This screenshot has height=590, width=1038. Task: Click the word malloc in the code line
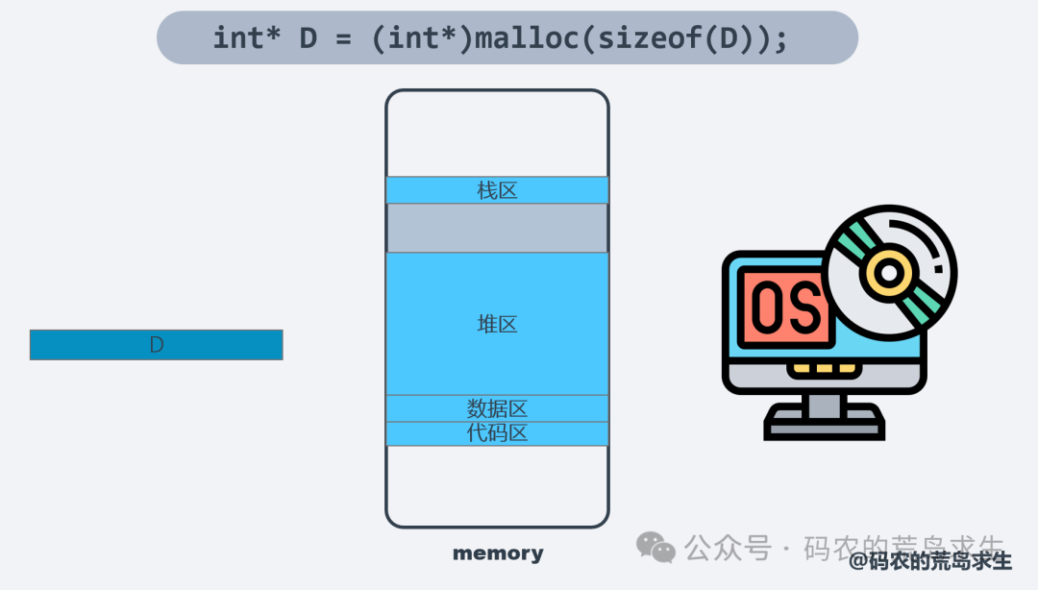tap(532, 38)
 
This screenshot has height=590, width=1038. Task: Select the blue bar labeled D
tap(156, 345)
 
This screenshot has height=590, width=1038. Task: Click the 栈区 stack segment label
tap(497, 190)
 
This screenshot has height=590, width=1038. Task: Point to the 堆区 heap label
tap(497, 324)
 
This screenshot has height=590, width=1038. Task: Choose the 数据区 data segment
tap(497, 408)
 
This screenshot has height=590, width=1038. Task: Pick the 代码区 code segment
tap(497, 433)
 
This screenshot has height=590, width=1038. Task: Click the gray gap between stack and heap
tap(497, 228)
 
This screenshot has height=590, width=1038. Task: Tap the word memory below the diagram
tap(498, 553)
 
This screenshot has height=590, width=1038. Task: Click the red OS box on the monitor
tap(785, 307)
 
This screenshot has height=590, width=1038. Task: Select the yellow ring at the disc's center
tap(890, 273)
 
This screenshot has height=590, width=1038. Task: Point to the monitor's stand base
tap(825, 423)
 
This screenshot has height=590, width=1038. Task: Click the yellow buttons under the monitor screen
tap(824, 368)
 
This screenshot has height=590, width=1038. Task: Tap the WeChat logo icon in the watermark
tap(656, 548)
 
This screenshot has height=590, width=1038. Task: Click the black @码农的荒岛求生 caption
tap(930, 561)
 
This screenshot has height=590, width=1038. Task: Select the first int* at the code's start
tap(246, 38)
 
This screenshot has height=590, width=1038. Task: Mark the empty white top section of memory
tap(497, 135)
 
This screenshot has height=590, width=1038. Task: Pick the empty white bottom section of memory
tap(497, 485)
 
